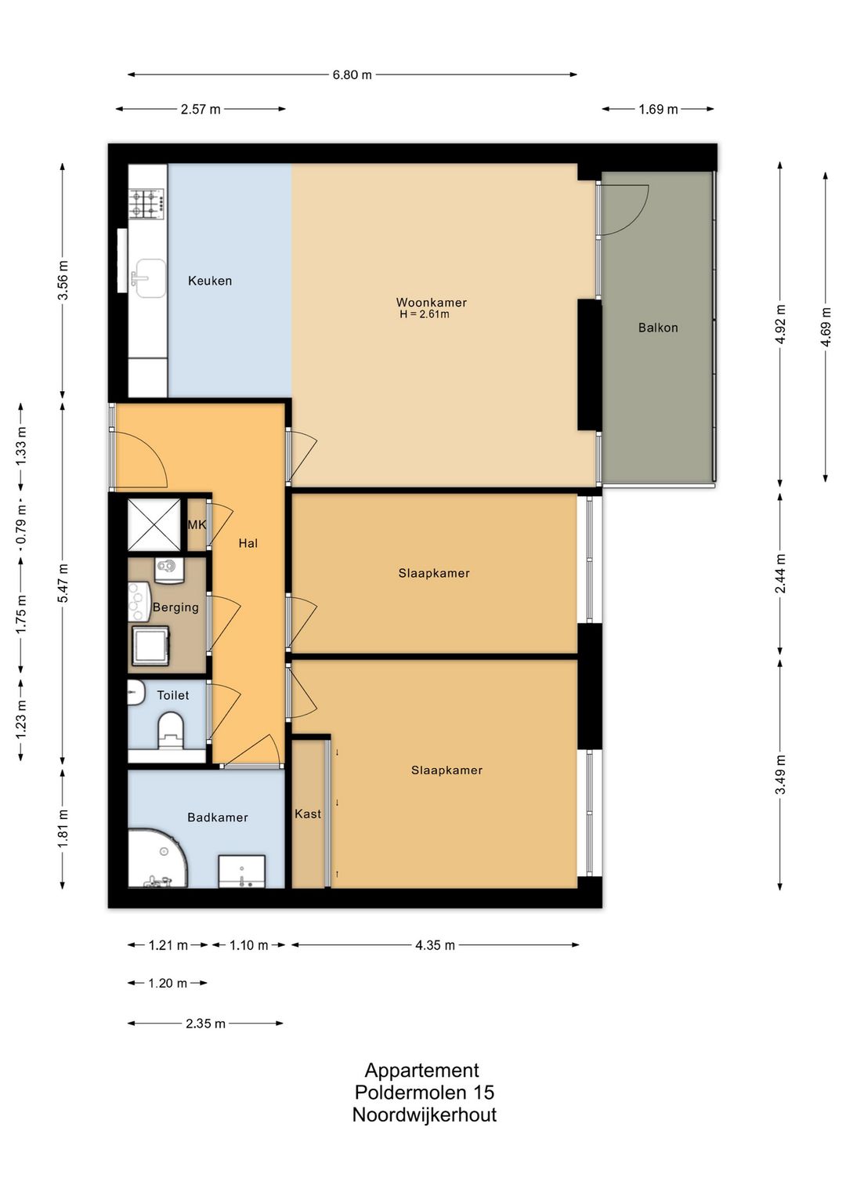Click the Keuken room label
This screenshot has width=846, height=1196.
click(210, 281)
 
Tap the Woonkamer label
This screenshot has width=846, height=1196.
click(432, 303)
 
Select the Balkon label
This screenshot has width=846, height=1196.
click(658, 328)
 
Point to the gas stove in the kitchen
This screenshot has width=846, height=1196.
click(146, 204)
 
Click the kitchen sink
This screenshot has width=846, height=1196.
click(149, 277)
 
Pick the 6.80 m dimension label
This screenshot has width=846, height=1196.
click(352, 74)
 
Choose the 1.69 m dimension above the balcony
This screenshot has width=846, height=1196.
click(658, 110)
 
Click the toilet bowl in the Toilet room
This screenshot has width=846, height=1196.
click(170, 730)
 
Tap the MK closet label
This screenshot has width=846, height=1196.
click(197, 525)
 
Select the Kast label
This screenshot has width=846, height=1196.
click(308, 814)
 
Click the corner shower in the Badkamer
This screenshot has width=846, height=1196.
click(158, 858)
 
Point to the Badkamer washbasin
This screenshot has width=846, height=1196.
click(242, 872)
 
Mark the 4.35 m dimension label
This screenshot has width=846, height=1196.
click(435, 945)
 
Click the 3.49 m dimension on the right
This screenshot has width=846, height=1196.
click(780, 774)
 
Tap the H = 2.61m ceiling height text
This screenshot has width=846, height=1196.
click(425, 314)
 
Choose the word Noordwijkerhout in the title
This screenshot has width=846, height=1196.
click(425, 1114)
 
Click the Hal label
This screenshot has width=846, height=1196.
click(248, 543)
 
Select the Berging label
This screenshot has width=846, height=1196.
click(175, 607)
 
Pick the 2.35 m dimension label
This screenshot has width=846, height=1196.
click(205, 1024)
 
